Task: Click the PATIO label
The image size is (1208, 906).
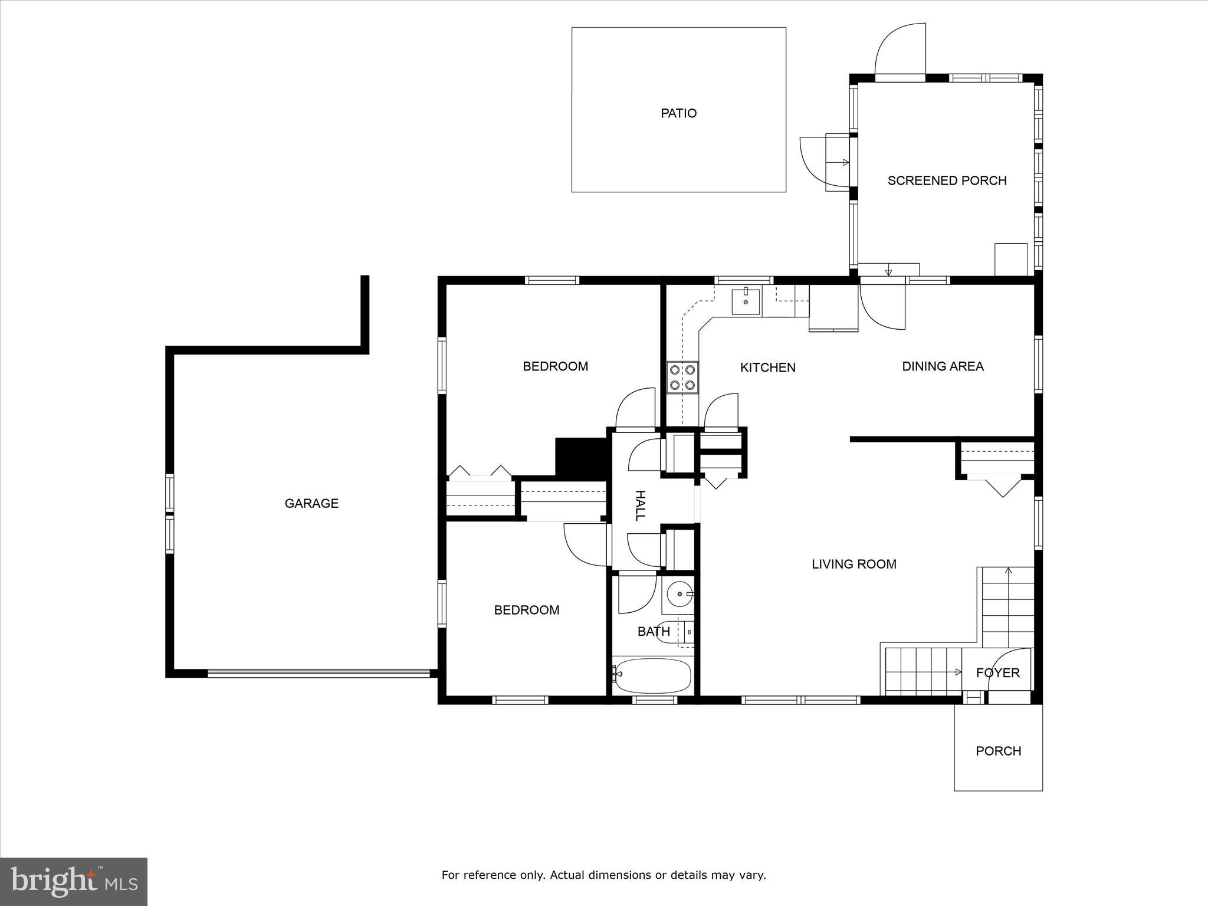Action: click(x=678, y=113)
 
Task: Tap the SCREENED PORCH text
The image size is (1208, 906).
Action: click(x=947, y=180)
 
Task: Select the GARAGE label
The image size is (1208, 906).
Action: click(x=311, y=503)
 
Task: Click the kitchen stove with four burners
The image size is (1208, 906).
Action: click(x=682, y=378)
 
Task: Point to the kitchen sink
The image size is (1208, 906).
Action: click(x=746, y=301)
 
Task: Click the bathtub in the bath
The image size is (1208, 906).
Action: click(x=652, y=676)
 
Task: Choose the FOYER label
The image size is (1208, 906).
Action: click(x=997, y=672)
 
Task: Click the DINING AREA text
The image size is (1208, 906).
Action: click(x=943, y=366)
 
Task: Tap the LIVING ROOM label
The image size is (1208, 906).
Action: click(x=854, y=564)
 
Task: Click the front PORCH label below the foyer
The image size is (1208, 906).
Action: click(x=998, y=751)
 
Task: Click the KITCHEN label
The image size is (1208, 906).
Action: click(x=767, y=367)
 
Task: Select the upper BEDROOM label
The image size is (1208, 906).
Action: click(x=555, y=366)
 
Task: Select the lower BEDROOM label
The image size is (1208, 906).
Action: click(x=526, y=610)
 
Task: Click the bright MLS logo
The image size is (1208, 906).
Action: click(x=74, y=881)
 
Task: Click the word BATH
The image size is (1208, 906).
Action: click(x=653, y=632)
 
